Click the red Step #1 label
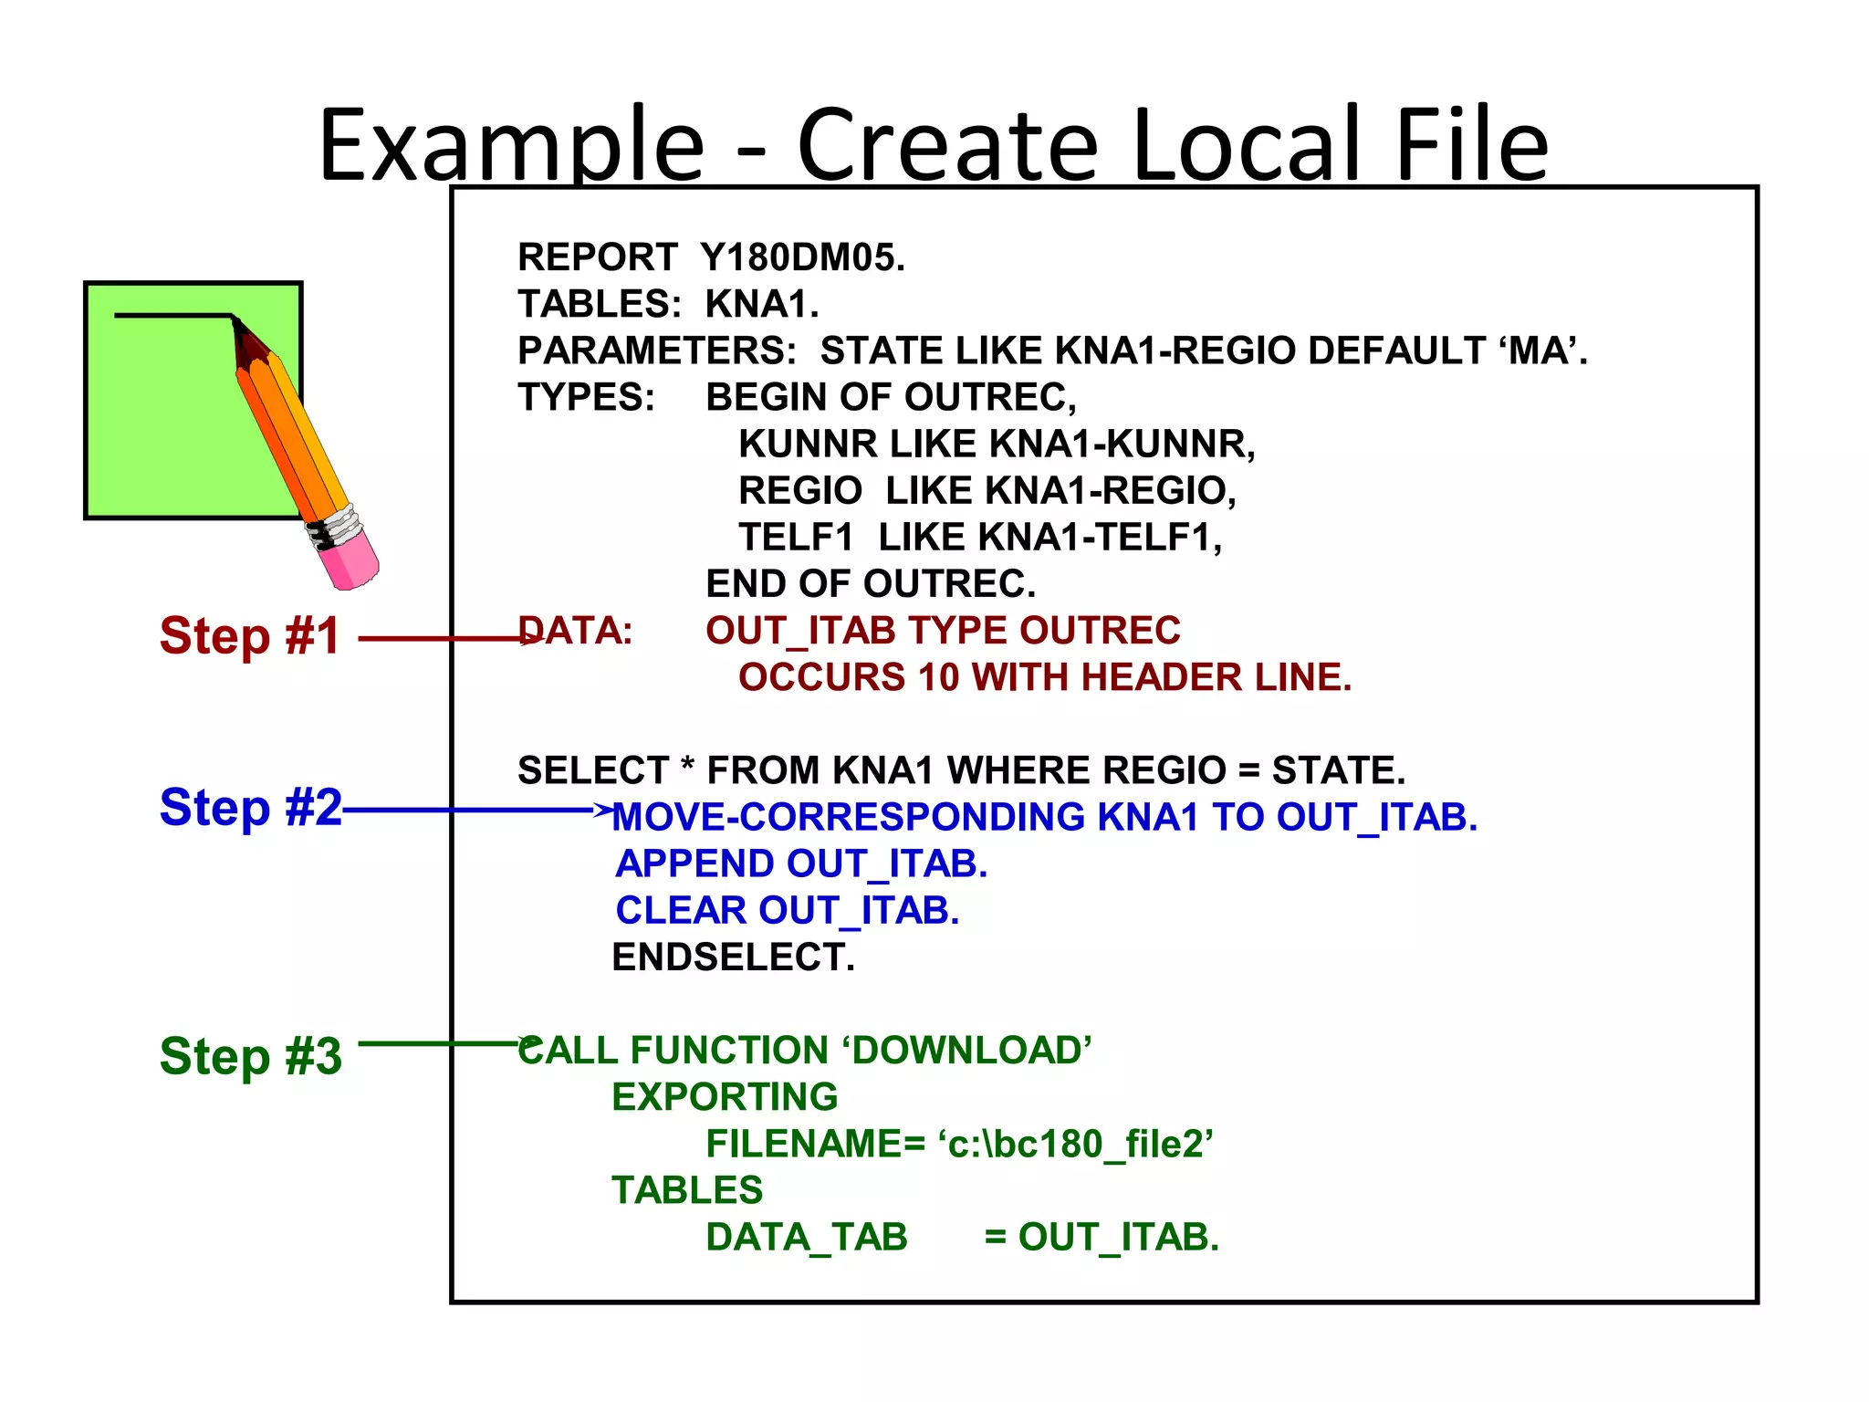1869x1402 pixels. click(x=250, y=635)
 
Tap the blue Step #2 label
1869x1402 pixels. click(x=250, y=807)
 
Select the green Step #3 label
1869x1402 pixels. click(x=250, y=1056)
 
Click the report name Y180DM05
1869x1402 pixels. click(x=802, y=257)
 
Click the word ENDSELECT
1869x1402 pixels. click(x=733, y=957)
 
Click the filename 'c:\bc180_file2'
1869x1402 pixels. click(x=1075, y=1144)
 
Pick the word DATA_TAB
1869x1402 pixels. click(x=807, y=1238)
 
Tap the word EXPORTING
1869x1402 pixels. click(x=725, y=1097)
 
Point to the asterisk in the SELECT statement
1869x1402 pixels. click(x=687, y=765)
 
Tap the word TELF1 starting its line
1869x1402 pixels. click(x=795, y=538)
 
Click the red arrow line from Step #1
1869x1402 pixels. click(x=438, y=639)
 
